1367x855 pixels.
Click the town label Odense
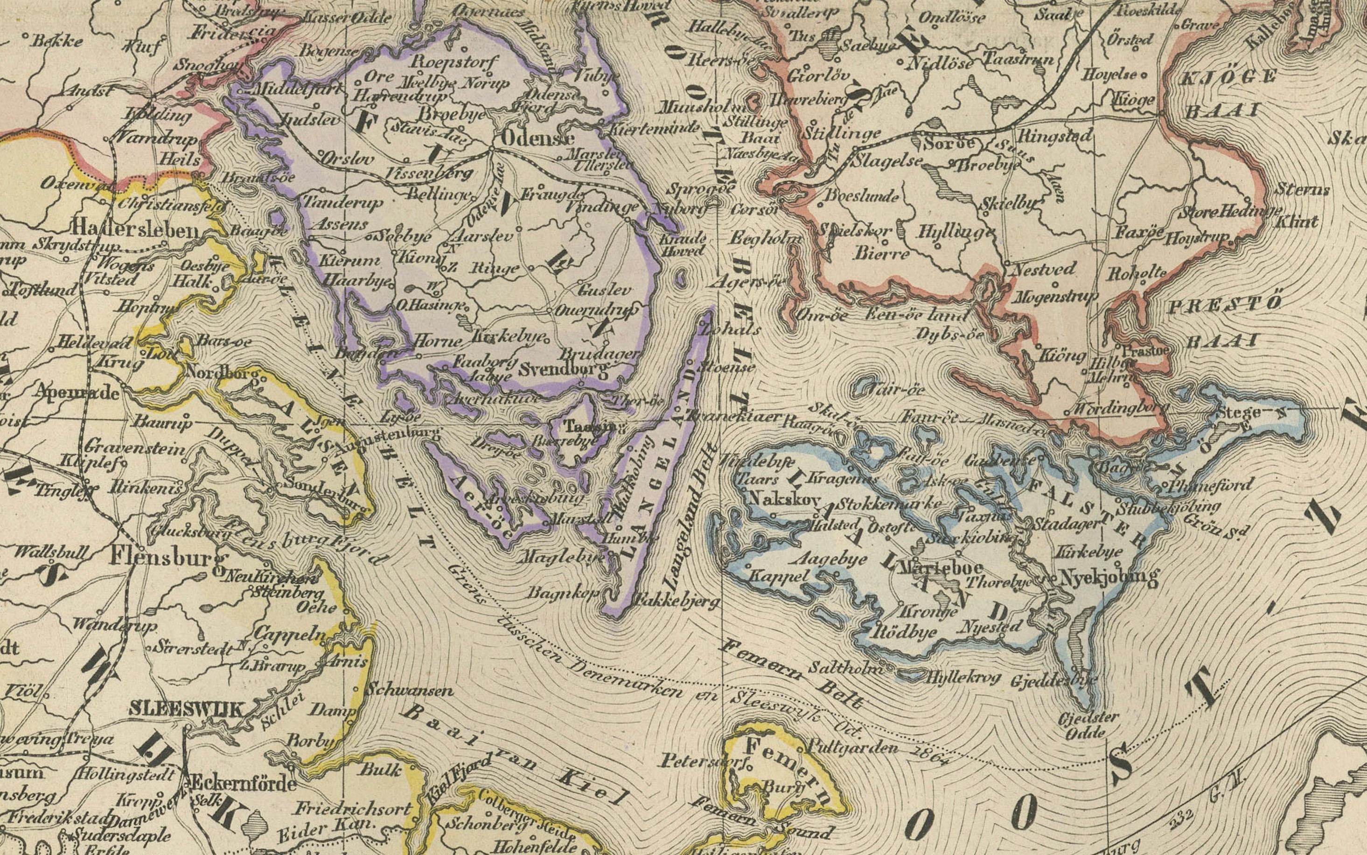[x=537, y=138]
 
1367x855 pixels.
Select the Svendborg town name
[x=565, y=370]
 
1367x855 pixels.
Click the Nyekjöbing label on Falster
[x=1108, y=577]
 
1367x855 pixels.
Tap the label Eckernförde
[x=243, y=783]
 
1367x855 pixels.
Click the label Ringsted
[x=1054, y=136]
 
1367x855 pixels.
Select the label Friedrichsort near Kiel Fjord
[x=352, y=809]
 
